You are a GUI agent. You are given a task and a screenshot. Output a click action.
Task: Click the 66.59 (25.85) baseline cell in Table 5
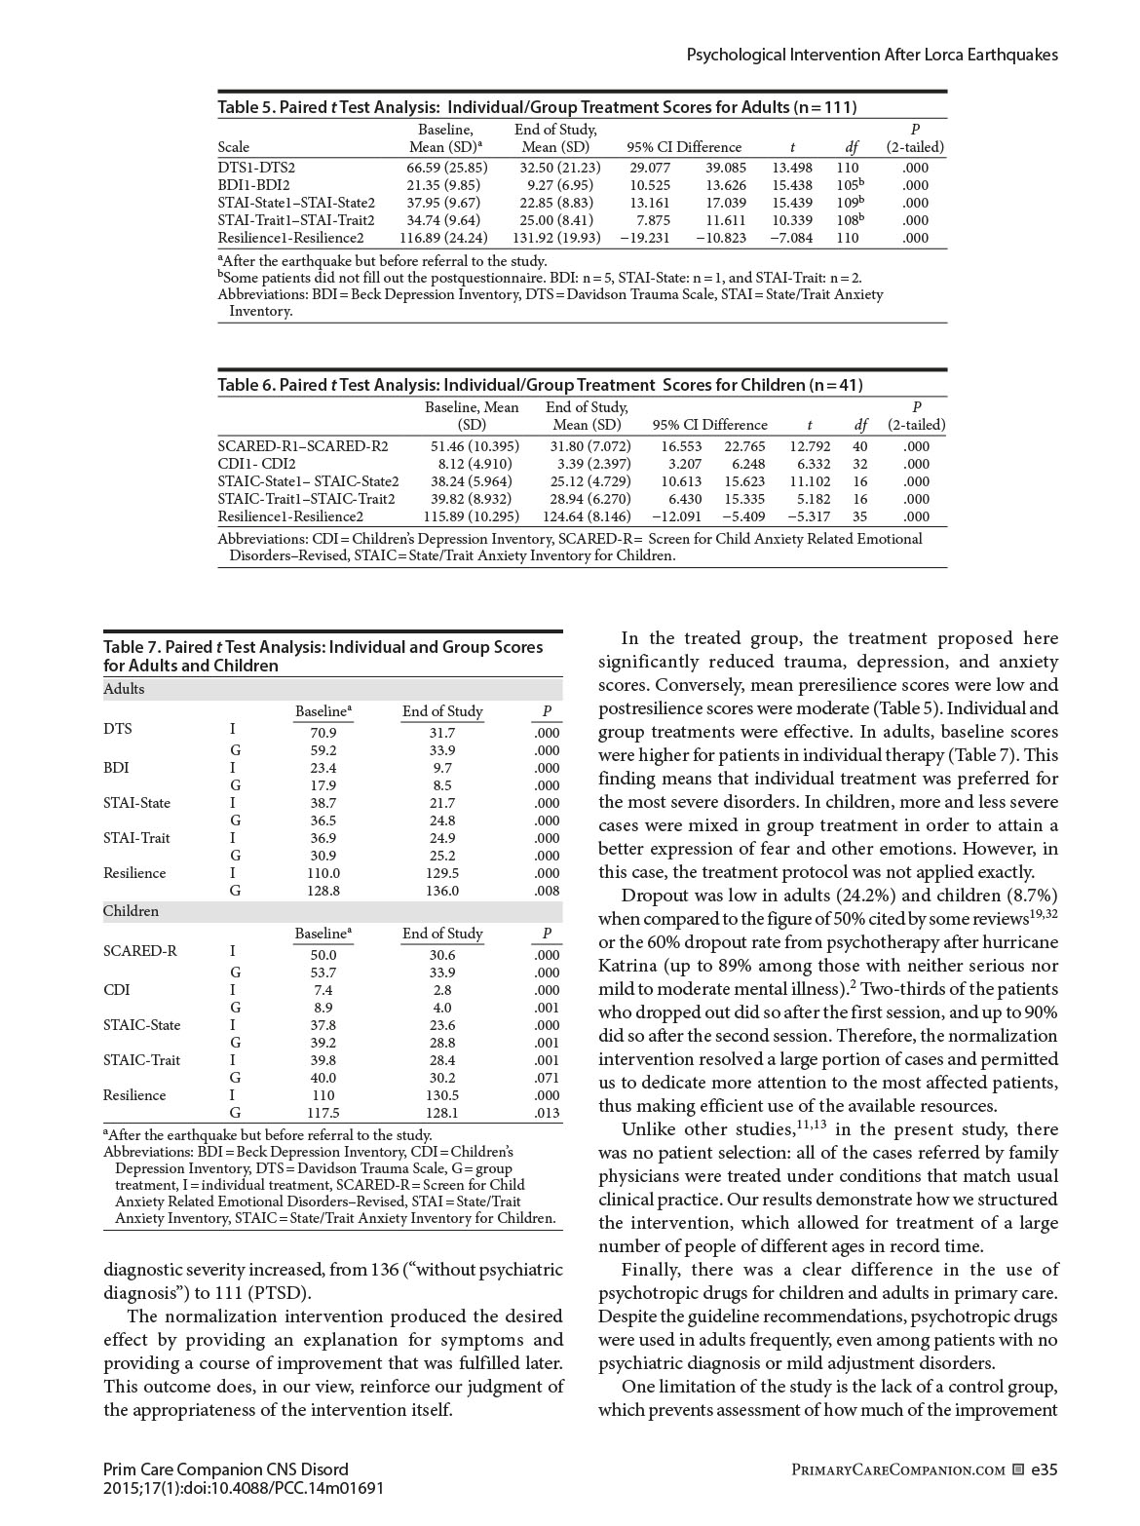446,168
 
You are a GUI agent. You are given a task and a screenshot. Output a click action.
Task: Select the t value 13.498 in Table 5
791,168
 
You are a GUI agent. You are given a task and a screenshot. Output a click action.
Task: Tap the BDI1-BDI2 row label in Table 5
253,185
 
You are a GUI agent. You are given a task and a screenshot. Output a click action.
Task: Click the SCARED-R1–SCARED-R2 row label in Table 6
303,446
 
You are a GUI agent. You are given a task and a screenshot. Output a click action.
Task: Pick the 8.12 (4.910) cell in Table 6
475,464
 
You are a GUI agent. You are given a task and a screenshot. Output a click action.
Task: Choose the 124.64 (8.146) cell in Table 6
587,516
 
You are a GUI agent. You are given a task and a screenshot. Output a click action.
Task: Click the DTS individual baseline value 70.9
323,733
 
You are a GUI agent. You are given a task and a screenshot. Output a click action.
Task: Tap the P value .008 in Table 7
547,891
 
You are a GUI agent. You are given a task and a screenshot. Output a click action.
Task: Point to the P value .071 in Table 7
547,1078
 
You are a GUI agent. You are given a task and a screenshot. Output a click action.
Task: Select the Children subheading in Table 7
131,911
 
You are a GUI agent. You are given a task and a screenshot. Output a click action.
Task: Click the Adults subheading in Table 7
124,689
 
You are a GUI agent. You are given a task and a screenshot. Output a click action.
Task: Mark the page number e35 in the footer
1044,1469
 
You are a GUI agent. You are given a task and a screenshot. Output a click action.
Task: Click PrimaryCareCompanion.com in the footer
898,1469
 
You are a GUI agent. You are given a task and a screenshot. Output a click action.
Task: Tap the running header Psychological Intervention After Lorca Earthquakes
872,55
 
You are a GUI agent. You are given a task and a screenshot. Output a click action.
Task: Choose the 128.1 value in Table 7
441,1113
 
